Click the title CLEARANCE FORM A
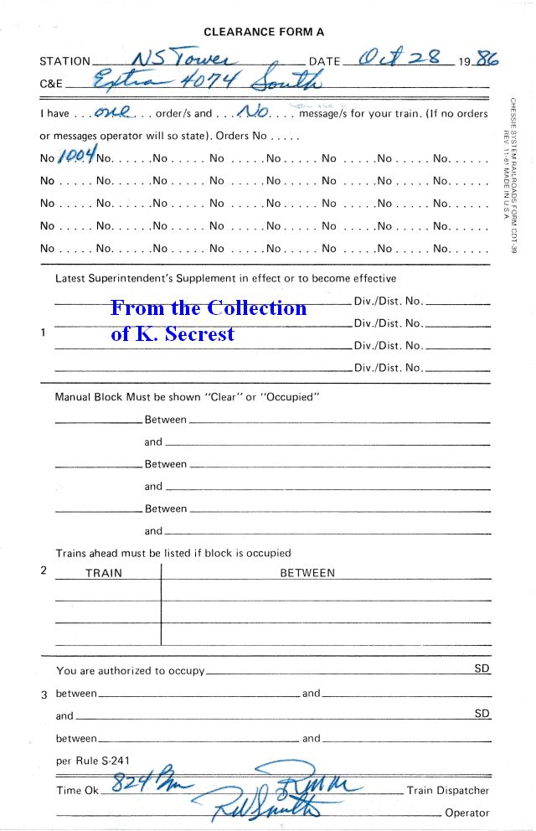pos(264,32)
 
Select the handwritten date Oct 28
pos(401,59)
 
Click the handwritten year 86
pos(487,59)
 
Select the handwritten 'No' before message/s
pos(254,111)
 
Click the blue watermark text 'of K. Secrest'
pos(173,333)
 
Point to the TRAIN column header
pos(104,573)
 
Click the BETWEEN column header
pos(307,573)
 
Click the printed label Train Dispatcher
pos(447,790)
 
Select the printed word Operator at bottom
pos(467,813)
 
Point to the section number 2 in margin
pos(44,570)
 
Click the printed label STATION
pos(64,61)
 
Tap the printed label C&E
pos(51,84)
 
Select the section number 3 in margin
pos(44,694)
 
